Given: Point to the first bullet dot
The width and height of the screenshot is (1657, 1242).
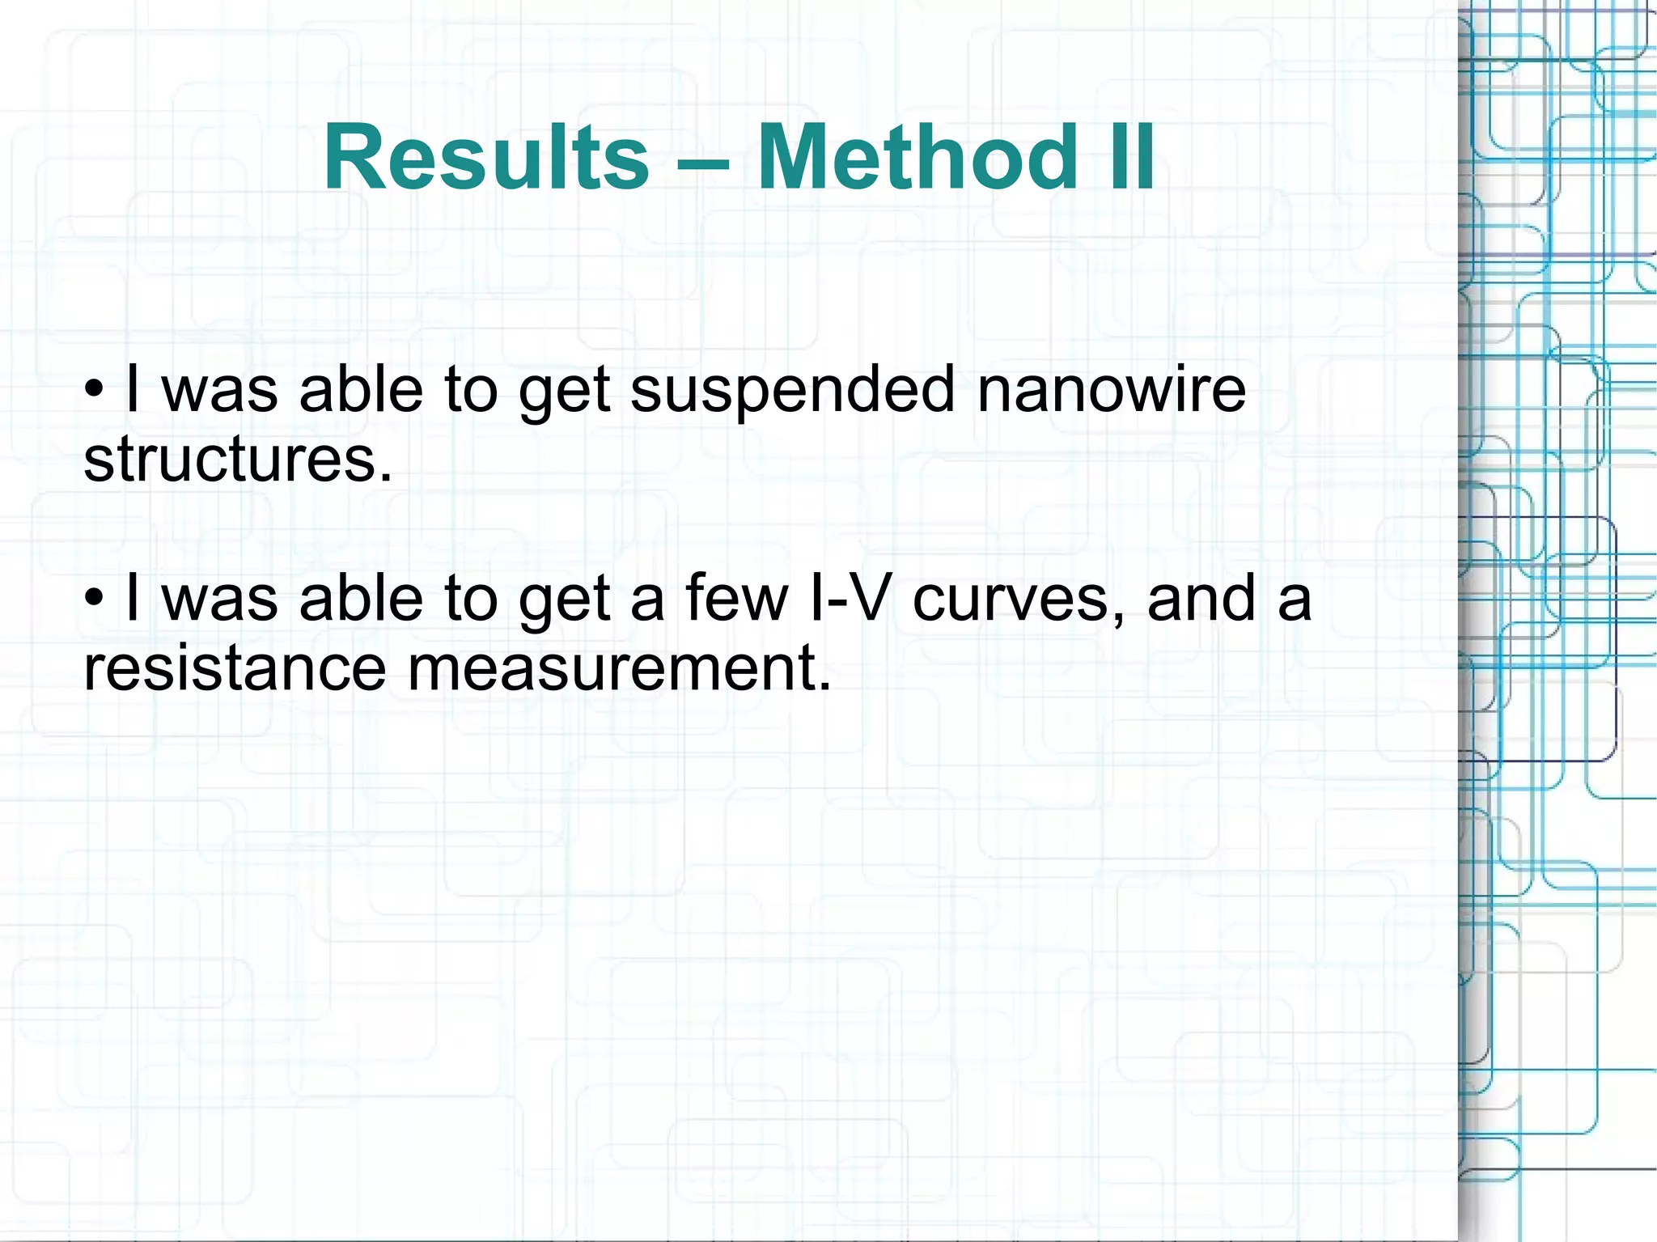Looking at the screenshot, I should pos(95,389).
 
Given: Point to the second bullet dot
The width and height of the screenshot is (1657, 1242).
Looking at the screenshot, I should pos(95,598).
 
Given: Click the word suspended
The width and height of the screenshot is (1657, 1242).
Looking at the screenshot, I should pos(793,391).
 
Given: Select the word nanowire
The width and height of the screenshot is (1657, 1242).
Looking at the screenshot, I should pos(1112,389).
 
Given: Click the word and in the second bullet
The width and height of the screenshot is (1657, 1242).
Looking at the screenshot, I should pos(1201,598).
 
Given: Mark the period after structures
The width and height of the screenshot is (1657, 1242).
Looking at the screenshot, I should pos(386,477).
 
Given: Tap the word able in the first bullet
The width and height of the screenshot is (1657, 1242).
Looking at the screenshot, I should pos(360,389).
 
